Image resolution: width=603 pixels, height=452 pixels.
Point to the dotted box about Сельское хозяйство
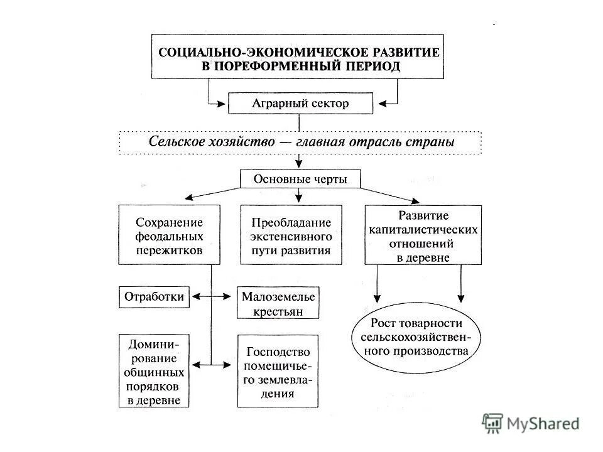click(300, 142)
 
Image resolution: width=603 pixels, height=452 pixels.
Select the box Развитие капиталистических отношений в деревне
click(423, 234)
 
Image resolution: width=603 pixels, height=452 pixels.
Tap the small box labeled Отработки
click(154, 296)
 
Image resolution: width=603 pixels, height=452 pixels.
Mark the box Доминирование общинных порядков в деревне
click(154, 371)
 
